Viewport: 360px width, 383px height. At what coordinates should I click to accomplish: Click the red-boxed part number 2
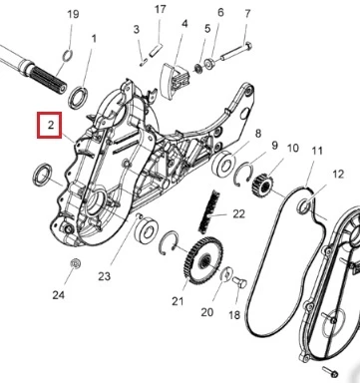point(51,126)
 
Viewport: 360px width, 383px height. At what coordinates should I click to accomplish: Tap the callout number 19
point(73,14)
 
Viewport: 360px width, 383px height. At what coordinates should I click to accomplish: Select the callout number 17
point(161,9)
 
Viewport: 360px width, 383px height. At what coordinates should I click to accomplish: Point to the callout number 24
point(59,294)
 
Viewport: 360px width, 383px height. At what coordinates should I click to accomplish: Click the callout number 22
point(238,213)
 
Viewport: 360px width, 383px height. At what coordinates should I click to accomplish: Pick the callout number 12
point(338,174)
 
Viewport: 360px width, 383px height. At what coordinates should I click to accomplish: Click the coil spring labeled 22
point(209,211)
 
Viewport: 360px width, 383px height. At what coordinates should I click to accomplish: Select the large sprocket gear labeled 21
point(202,259)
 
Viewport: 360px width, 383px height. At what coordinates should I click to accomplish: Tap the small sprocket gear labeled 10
point(263,186)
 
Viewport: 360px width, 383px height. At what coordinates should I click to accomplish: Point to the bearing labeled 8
point(223,164)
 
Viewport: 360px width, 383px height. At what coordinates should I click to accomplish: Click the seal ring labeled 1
point(78,98)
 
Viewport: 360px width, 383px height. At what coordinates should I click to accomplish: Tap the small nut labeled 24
point(76,263)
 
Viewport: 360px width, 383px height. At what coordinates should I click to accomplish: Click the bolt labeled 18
point(239,283)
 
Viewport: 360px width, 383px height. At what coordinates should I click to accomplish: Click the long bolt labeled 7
point(235,52)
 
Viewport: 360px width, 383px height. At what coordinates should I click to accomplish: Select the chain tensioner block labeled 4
point(175,81)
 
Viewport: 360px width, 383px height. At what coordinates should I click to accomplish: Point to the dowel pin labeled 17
point(156,50)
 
